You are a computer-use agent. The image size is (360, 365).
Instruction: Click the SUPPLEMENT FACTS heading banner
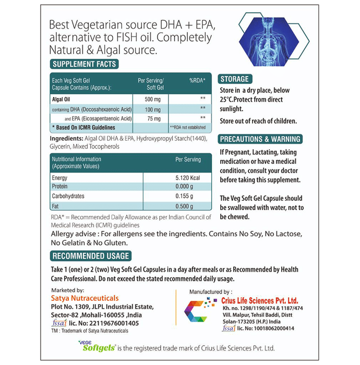84,64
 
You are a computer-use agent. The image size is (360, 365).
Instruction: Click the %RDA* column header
197,81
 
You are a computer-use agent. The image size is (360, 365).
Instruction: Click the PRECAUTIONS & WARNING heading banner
260,139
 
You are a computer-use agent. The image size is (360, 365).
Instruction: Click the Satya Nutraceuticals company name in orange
86,298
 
